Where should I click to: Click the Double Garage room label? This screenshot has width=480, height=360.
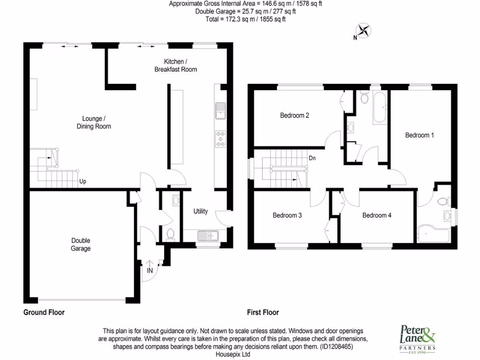coord(81,245)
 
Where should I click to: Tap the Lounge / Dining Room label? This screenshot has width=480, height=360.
coord(94,123)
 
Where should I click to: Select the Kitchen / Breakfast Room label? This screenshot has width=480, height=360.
coord(176,66)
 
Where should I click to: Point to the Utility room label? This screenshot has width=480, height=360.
coord(201,211)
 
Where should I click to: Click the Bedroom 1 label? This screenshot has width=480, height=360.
coord(420,135)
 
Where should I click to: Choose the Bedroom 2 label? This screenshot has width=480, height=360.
coord(294,115)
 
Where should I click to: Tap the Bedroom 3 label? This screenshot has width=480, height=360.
coord(287,216)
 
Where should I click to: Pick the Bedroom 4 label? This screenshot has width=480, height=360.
coord(377,216)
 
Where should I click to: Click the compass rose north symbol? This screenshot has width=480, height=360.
coord(363,31)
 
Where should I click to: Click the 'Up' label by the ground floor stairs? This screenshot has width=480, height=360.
coord(82,181)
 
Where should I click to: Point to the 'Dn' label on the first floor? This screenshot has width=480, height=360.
coord(312,158)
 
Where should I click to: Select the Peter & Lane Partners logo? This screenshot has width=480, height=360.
coord(417,337)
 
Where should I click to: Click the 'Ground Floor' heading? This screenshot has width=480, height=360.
coord(44,312)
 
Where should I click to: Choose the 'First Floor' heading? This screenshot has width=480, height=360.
coord(263,312)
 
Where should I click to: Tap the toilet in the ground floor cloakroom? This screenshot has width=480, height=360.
coord(171,233)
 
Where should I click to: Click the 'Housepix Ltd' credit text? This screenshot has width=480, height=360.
coord(232,354)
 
